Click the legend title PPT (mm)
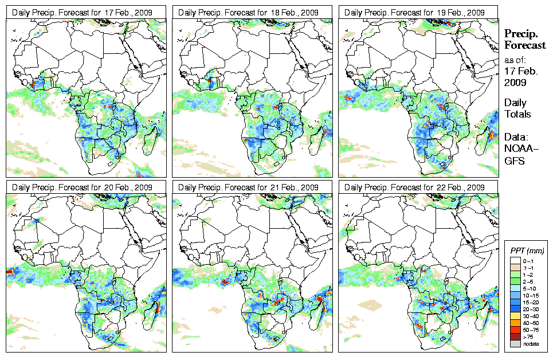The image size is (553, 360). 527,251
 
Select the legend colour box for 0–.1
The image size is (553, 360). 514,260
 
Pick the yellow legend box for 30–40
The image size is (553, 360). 514,315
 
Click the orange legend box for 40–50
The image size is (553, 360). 514,322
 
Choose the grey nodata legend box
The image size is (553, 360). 514,343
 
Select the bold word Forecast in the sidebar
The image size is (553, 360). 524,45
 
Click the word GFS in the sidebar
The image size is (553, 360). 514,161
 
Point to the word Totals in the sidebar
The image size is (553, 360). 517,114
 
